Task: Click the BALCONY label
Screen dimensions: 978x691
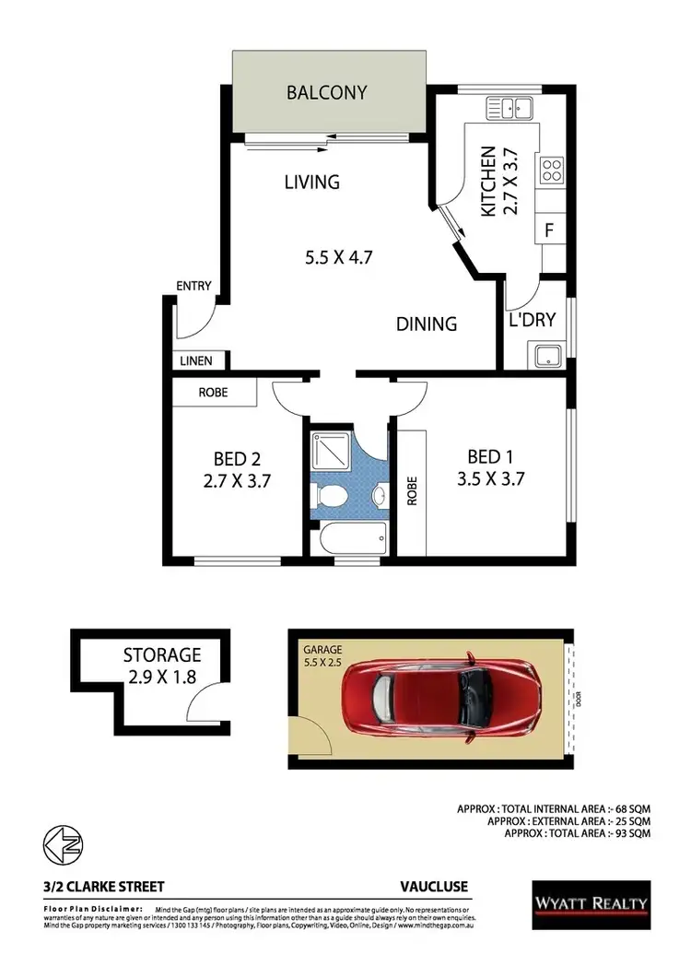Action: (x=326, y=92)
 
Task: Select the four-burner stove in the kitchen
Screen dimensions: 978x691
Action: (x=551, y=170)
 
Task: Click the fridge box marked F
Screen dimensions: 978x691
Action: (x=550, y=230)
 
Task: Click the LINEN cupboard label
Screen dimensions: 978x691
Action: (x=196, y=361)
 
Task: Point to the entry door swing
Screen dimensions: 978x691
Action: (x=195, y=321)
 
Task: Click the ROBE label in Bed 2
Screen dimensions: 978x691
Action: (x=215, y=393)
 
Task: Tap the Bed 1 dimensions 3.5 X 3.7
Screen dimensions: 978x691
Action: (x=490, y=478)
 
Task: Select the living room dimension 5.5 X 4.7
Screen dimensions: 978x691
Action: (x=340, y=257)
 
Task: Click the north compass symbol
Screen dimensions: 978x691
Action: (x=60, y=842)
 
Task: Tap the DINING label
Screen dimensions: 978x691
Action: (x=427, y=324)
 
